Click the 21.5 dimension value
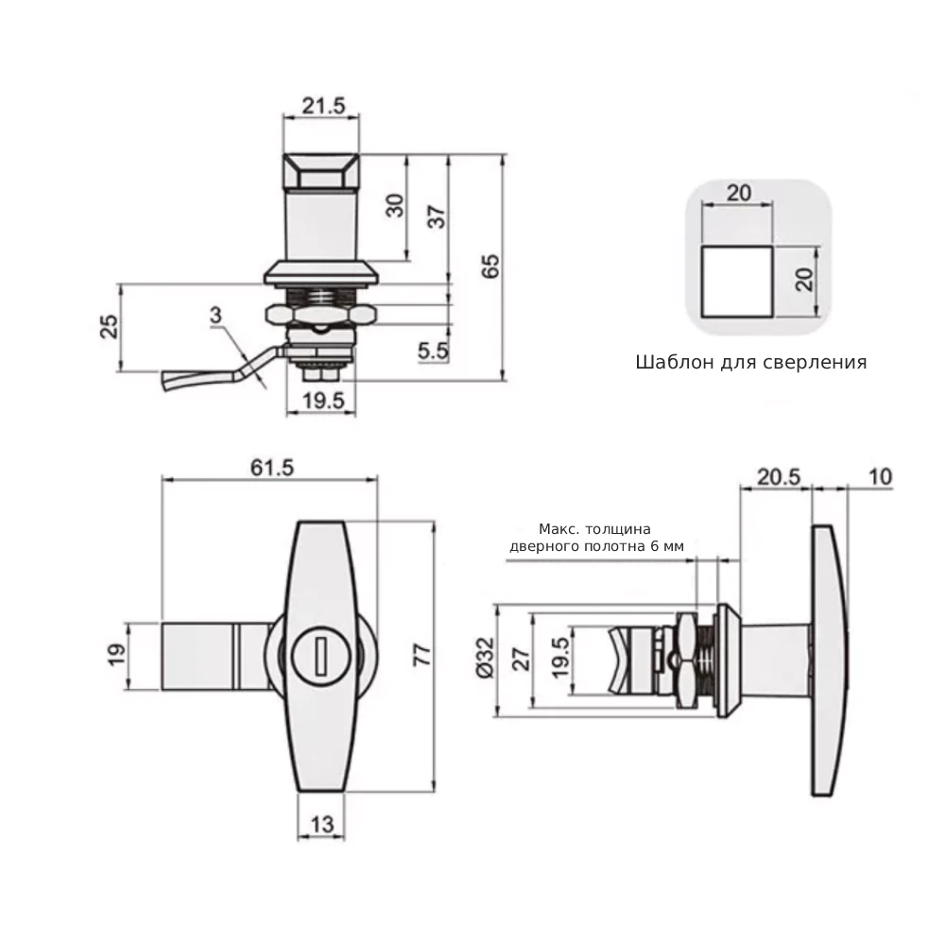321,106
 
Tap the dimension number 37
437,216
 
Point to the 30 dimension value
395,205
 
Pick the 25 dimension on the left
110,327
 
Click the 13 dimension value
321,824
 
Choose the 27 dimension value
518,658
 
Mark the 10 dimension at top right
879,478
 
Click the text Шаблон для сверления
751,362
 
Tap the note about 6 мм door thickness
595,537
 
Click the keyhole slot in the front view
320,654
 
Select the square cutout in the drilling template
736,280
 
